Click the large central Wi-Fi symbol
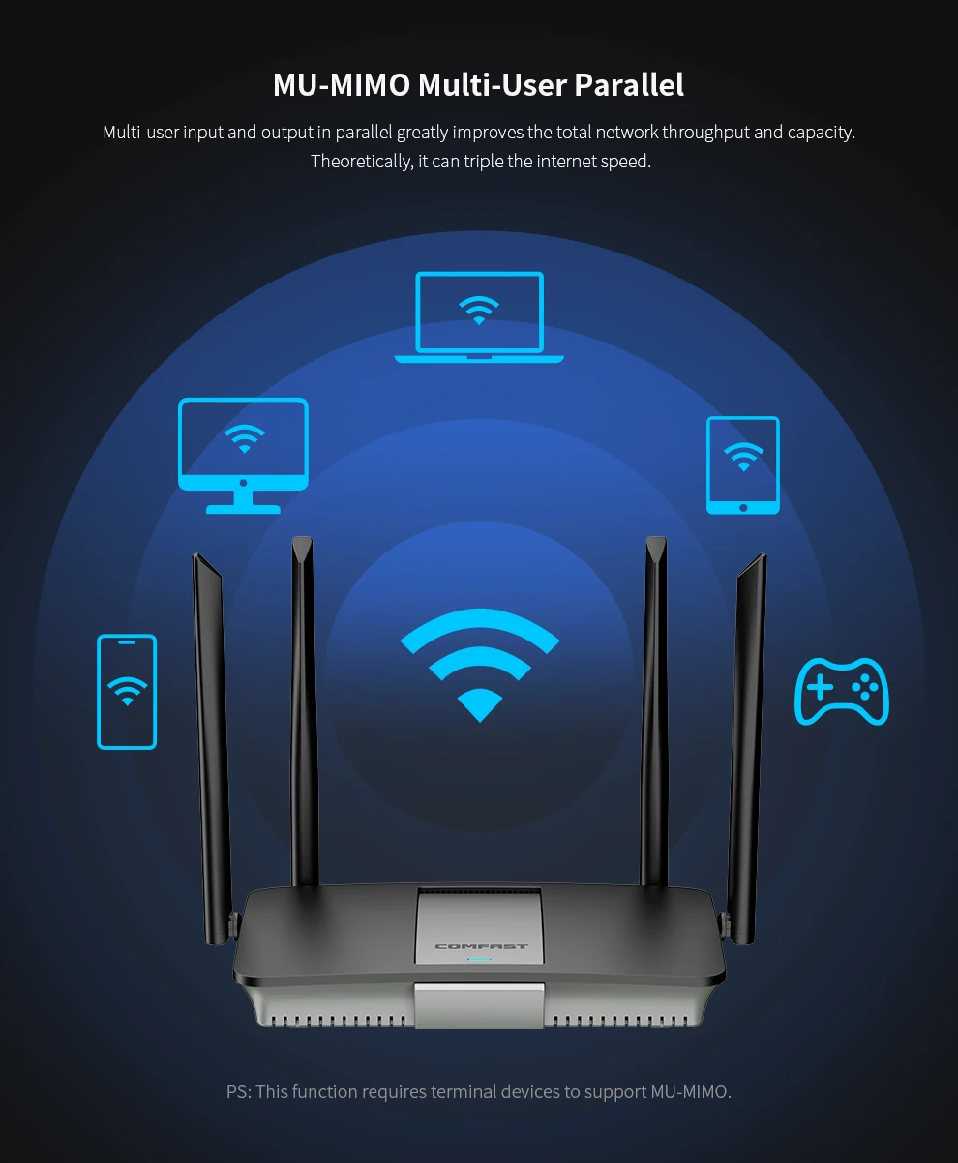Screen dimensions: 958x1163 480,666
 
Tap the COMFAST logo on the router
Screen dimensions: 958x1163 481,946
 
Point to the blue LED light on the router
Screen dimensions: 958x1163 479,960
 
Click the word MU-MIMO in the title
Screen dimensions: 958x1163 342,85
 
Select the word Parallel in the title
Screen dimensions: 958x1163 629,85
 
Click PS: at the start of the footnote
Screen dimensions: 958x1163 239,1091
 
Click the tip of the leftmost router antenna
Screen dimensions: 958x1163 195,554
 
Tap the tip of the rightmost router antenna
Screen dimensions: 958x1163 763,554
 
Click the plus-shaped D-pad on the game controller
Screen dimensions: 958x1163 821,686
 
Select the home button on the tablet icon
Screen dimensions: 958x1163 743,507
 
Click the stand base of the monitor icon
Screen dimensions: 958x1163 243,509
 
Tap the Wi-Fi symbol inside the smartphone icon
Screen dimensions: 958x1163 128,691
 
